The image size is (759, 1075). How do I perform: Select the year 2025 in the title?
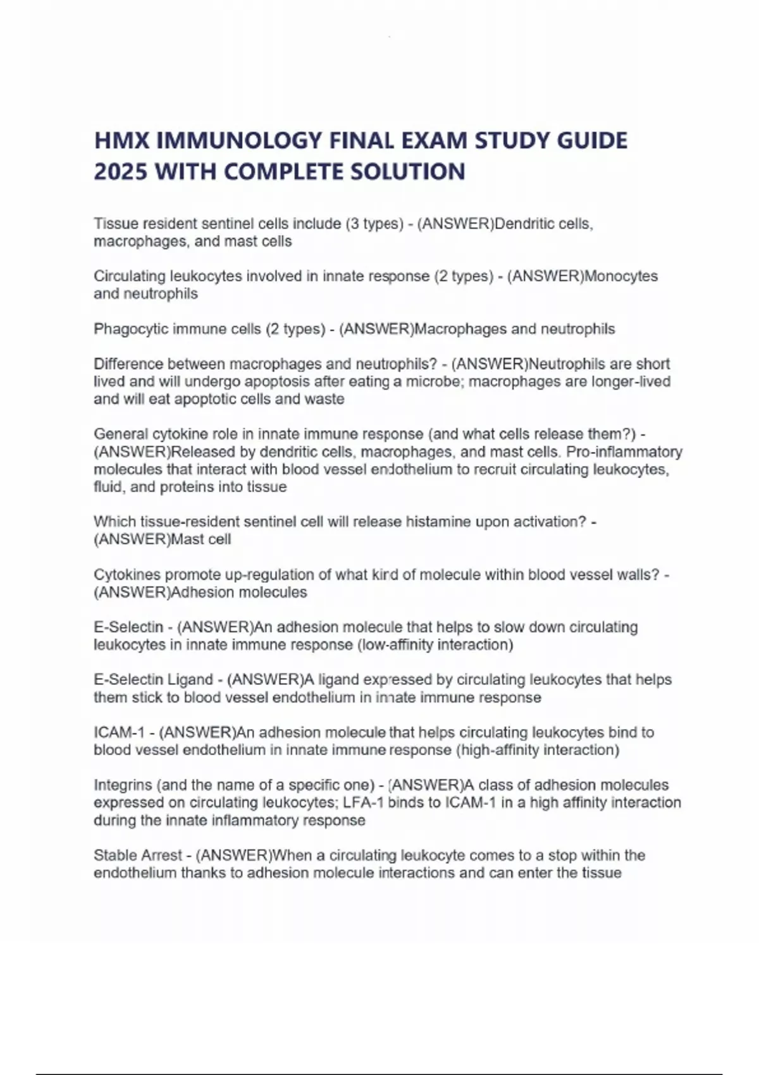[x=120, y=171]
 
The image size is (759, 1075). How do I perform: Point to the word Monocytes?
[x=621, y=276]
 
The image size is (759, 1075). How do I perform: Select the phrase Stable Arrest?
[x=138, y=855]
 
